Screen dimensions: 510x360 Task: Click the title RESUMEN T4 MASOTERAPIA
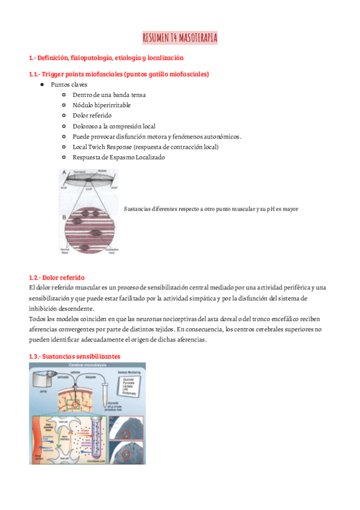180,38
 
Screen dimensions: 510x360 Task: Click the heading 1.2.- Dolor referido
57,278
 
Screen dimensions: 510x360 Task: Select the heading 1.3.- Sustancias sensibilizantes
75,356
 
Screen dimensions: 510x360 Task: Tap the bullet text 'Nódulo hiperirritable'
101,105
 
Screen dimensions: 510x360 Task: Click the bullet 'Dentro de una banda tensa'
109,95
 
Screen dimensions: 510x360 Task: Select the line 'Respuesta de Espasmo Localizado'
118,157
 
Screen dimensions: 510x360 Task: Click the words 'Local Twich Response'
105,147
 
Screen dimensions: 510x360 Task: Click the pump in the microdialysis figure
41,382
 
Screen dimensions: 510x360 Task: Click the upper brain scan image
129,428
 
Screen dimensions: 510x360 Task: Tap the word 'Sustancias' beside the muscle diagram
136,209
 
